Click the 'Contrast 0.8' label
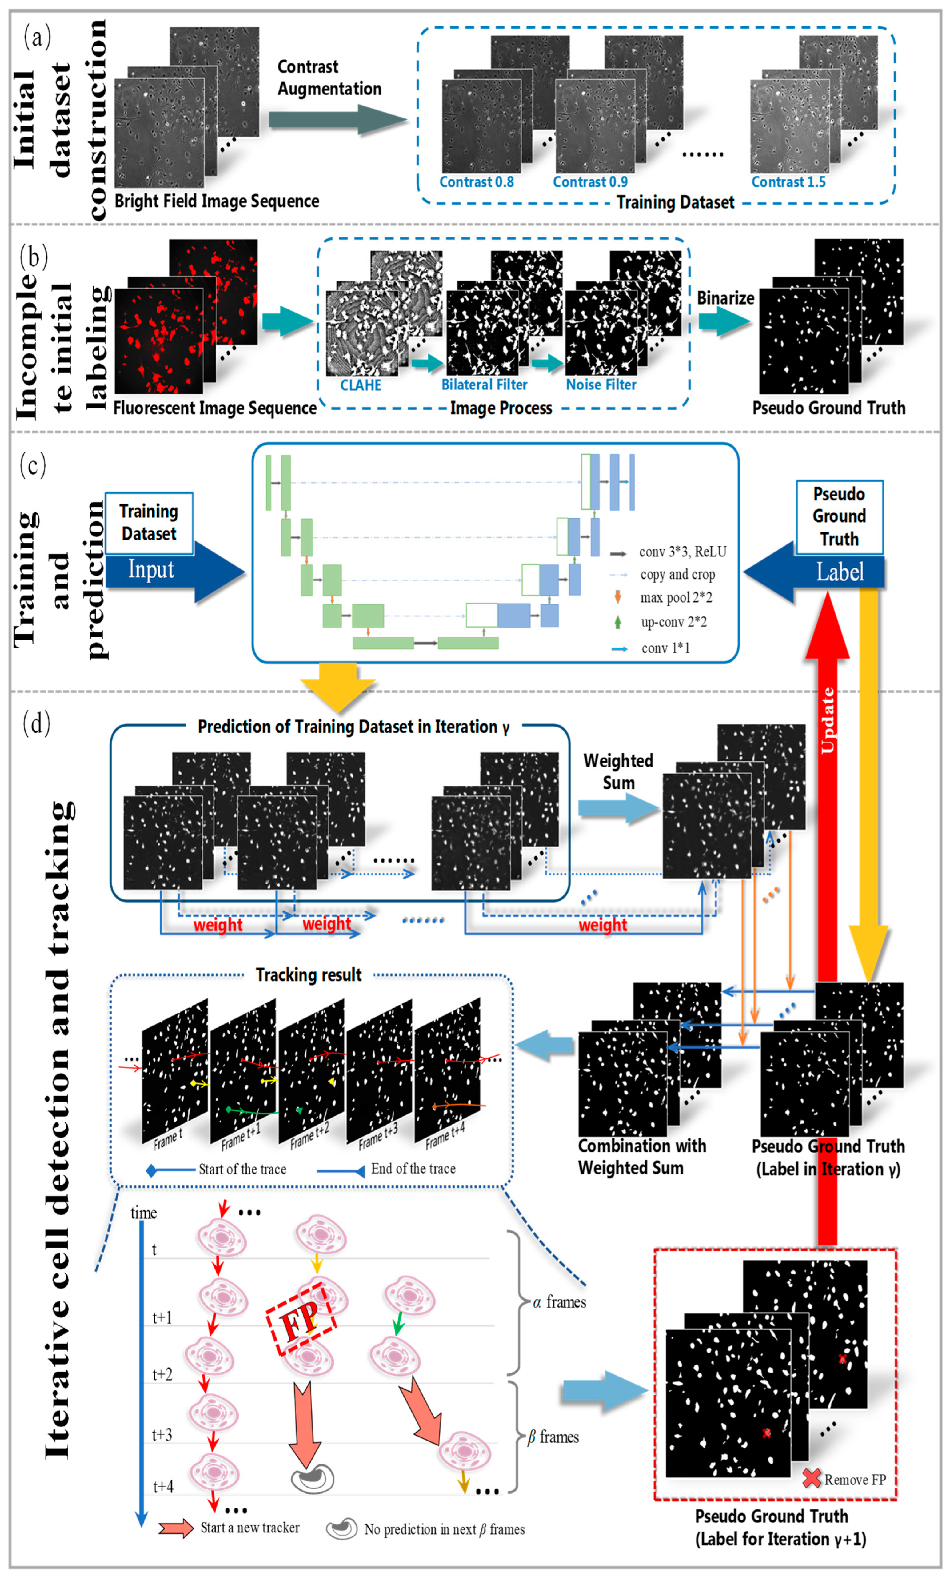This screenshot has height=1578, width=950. tap(476, 182)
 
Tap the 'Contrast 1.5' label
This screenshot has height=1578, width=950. tap(788, 182)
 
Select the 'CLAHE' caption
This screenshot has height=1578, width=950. tap(361, 385)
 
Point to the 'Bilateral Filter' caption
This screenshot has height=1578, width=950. tap(484, 385)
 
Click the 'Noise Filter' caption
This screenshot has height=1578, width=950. tap(601, 385)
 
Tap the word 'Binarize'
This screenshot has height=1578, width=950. tap(725, 298)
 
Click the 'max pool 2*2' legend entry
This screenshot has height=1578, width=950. tap(675, 598)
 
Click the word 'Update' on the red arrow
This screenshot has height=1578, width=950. tap(828, 720)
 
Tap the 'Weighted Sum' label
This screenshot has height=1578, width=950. tap(618, 772)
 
